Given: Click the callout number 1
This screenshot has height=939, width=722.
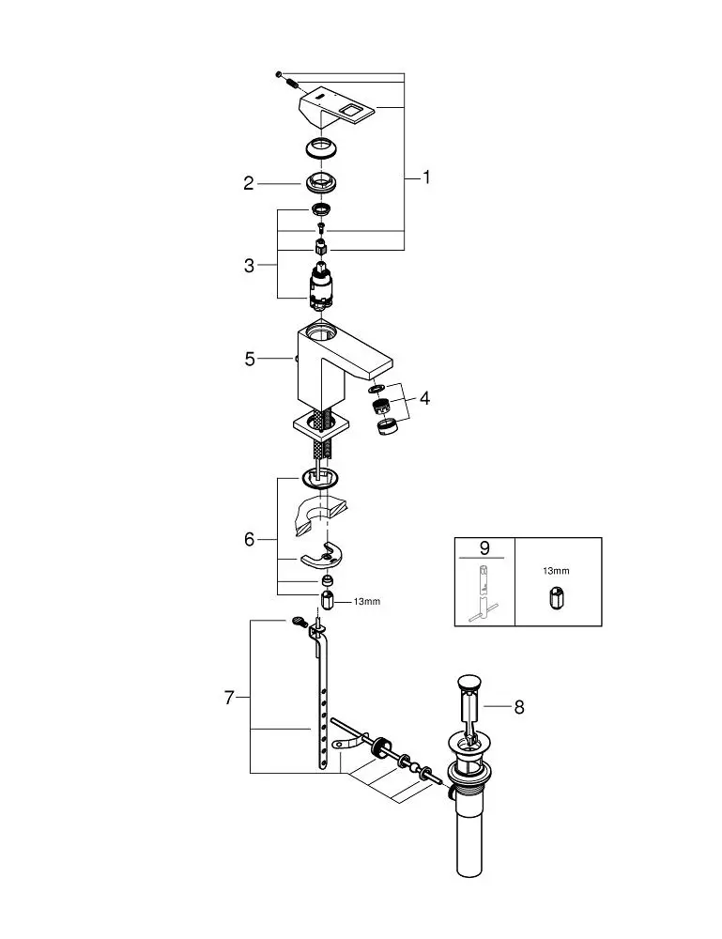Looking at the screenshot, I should [x=426, y=177].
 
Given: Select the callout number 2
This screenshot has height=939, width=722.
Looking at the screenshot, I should [x=249, y=183].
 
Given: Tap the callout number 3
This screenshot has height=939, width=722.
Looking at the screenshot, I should [x=249, y=266].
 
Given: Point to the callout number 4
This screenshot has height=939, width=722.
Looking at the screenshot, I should [x=424, y=398].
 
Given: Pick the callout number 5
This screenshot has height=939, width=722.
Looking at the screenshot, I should [x=250, y=359].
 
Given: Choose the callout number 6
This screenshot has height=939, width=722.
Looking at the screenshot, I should [x=249, y=540].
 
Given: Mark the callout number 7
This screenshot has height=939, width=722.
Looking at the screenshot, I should [x=228, y=698].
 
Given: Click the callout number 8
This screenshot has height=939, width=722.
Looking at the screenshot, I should [x=518, y=707].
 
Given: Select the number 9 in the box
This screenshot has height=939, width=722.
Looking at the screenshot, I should [x=484, y=547].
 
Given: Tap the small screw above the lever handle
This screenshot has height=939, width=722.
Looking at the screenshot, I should [x=279, y=73].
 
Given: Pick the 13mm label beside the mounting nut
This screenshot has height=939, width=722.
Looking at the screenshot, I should [x=367, y=601].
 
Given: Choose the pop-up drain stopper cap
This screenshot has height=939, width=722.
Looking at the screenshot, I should [x=469, y=682].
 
